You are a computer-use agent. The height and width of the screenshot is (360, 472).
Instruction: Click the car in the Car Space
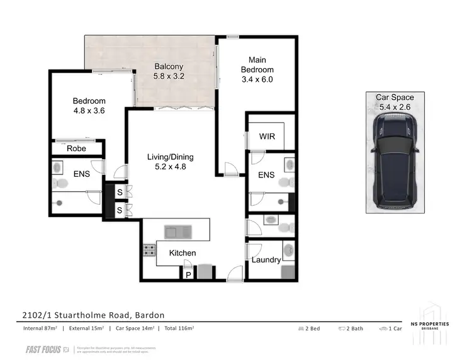click(395, 162)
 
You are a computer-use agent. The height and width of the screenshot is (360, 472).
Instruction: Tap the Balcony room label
click(169, 66)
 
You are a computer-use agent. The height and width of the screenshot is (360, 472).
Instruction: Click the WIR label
click(266, 137)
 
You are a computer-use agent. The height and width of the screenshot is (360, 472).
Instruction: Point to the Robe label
click(76, 149)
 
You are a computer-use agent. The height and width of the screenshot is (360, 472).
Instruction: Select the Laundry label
click(266, 260)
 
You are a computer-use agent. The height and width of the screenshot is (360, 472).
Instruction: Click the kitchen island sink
click(177, 231)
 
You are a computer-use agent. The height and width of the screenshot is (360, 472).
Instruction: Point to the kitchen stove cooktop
click(150, 250)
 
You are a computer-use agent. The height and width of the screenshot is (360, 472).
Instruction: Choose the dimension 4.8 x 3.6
click(89, 111)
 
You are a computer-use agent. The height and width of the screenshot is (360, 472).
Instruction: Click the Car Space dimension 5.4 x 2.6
click(395, 107)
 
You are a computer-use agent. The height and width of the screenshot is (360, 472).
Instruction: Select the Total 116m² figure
click(177, 329)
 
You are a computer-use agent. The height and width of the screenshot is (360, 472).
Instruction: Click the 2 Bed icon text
click(311, 329)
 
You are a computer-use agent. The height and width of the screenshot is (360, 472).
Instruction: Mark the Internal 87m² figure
click(37, 329)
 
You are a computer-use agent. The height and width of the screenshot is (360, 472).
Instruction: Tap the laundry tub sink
click(289, 250)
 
